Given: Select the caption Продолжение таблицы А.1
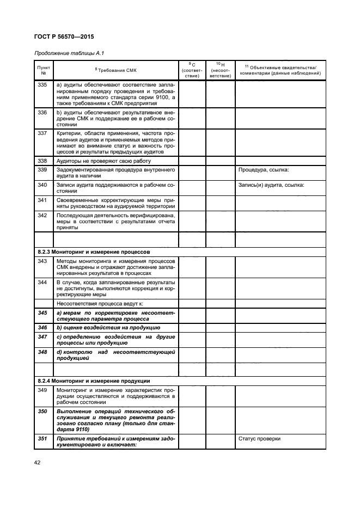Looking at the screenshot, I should pos(69,53).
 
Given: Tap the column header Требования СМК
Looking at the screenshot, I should pos(116,70).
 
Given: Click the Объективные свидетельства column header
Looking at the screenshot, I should pos(280,70).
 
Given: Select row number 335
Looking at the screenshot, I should pos(44,85).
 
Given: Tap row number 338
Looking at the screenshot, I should pos(44,161).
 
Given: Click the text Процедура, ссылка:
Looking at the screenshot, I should pos(264,170).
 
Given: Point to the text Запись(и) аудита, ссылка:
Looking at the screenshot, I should pos(271,185).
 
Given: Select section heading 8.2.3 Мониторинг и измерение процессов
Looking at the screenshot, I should pos(92,252).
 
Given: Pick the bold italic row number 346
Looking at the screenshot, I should pos(44,328).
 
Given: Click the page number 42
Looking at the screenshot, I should pos(38,462).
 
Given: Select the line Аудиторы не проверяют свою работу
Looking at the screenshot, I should pos(103,161).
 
